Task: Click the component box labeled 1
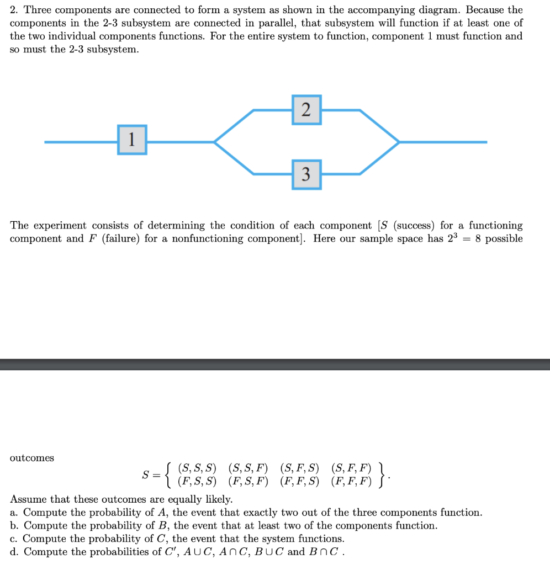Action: pyautogui.click(x=132, y=140)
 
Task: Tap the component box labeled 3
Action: pyautogui.click(x=306, y=175)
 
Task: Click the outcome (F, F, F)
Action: pyautogui.click(x=351, y=481)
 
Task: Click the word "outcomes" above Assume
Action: pyautogui.click(x=32, y=458)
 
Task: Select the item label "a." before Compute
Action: pyautogui.click(x=15, y=513)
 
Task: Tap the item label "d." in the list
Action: pyautogui.click(x=15, y=552)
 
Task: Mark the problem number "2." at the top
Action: pyautogui.click(x=14, y=10)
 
